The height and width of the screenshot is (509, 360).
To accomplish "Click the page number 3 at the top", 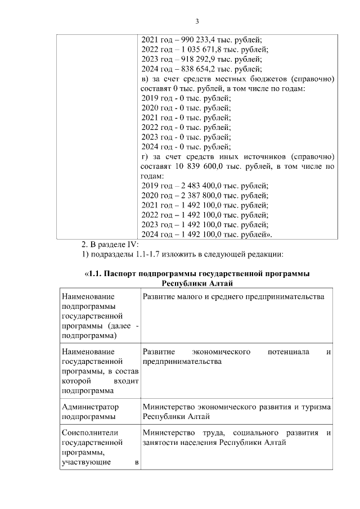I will (197, 21).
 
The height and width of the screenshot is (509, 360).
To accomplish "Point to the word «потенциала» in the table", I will (289, 352).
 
